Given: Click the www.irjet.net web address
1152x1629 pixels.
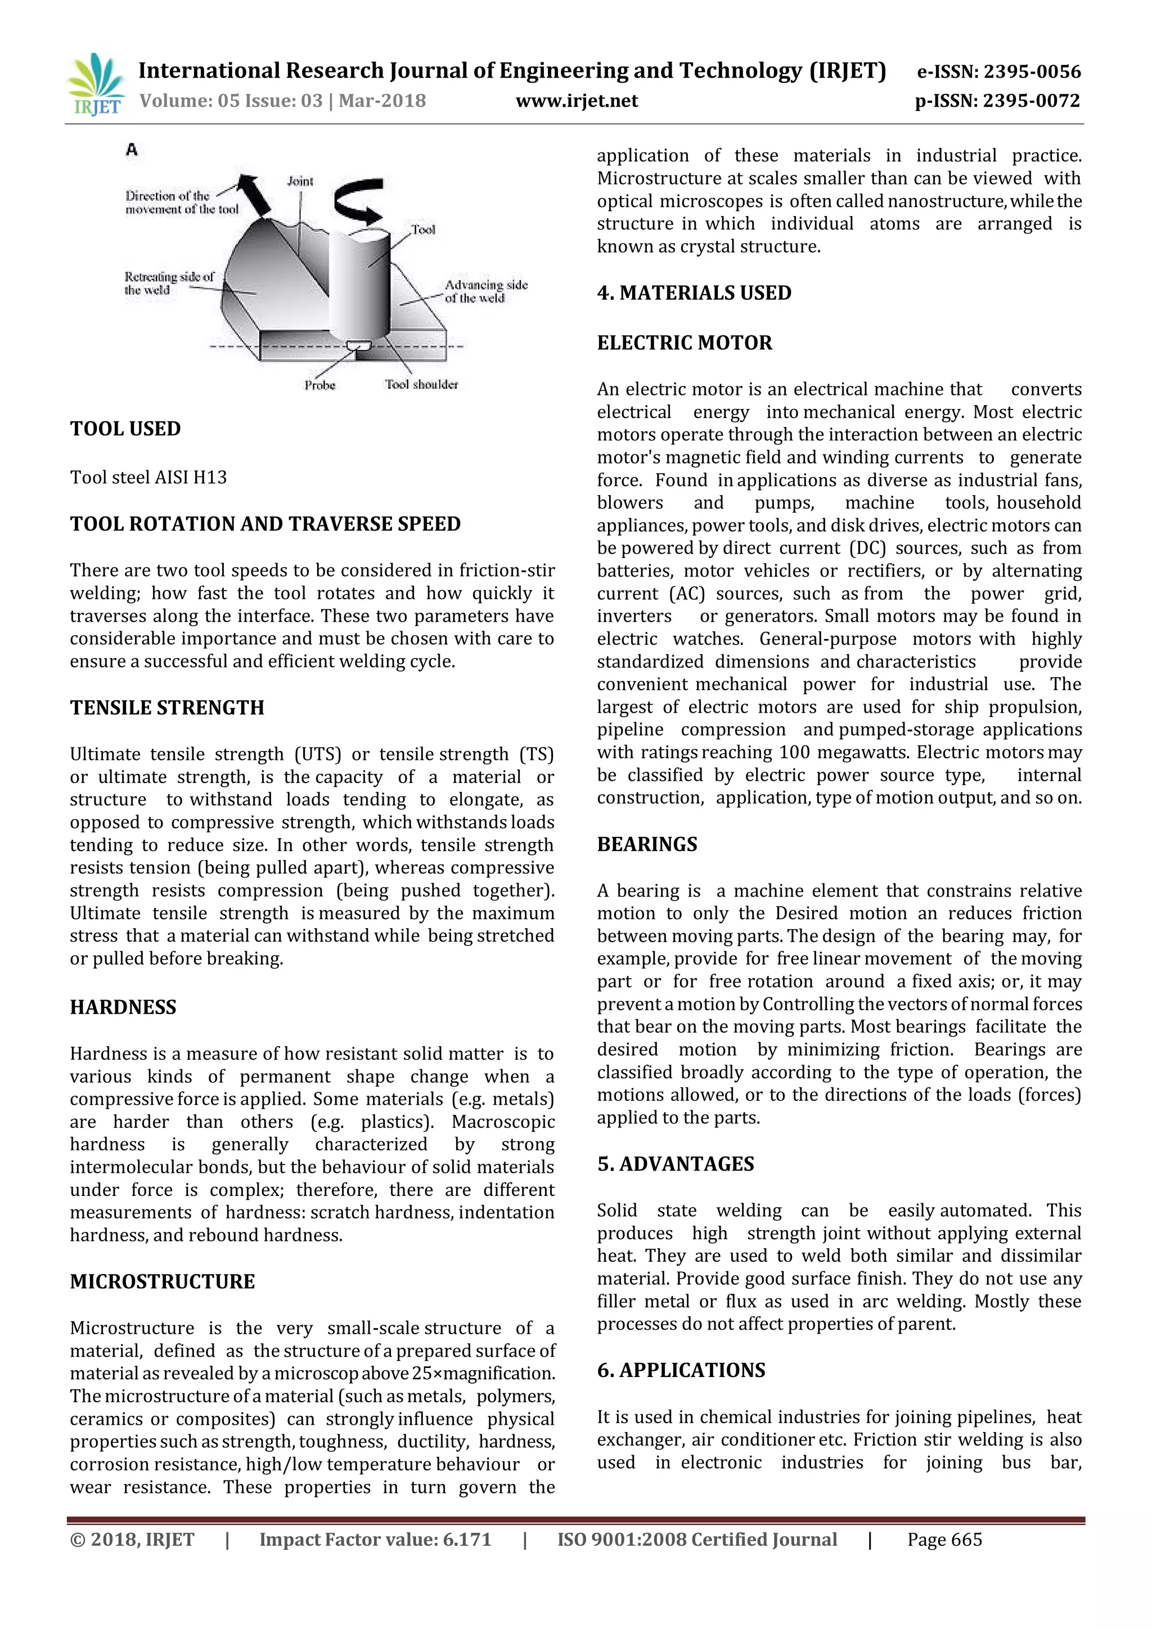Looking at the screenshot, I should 577,101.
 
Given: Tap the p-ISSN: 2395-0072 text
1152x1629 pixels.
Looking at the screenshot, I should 997,101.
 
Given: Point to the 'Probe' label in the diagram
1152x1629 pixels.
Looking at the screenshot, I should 320,385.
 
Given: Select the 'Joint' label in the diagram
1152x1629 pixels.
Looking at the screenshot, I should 300,181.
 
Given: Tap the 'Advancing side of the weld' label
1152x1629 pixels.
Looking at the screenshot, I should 485,291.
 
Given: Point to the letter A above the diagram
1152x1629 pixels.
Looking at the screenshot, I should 131,150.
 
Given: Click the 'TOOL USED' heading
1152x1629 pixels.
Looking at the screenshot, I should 125,429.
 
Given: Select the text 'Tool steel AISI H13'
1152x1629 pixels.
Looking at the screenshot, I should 148,478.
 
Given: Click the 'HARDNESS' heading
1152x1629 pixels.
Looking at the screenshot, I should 123,1007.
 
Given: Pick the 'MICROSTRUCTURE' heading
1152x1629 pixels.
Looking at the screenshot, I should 163,1281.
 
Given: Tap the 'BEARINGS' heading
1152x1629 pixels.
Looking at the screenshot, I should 647,844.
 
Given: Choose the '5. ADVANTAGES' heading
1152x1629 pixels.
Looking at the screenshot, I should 676,1164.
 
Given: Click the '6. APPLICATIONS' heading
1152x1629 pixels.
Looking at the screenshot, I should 681,1370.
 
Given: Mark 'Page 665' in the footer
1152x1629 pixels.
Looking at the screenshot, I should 944,1540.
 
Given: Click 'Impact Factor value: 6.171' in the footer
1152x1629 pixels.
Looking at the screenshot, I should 375,1540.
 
